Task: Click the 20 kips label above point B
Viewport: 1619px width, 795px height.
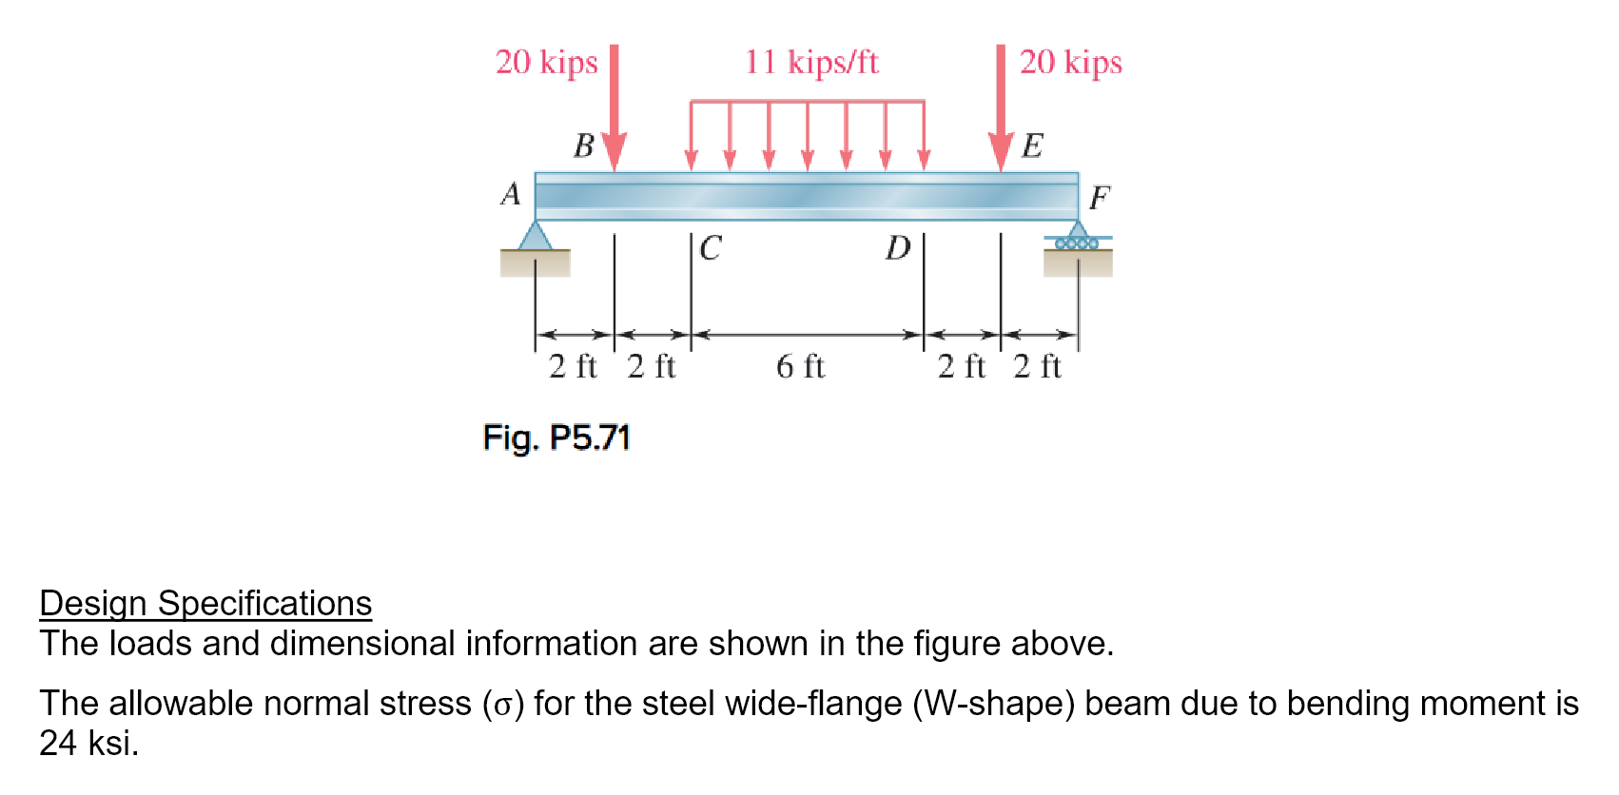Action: (546, 63)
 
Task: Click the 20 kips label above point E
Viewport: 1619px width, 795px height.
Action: (1070, 63)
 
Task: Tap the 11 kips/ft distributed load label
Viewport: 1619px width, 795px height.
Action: (810, 63)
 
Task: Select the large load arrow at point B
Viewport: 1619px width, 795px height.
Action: (614, 109)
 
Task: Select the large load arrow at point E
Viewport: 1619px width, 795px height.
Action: (1000, 109)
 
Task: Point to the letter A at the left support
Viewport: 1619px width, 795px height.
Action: (511, 194)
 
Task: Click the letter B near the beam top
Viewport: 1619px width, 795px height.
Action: (583, 146)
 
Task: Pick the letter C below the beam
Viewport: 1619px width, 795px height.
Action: (711, 248)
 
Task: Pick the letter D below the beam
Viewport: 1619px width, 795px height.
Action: (897, 248)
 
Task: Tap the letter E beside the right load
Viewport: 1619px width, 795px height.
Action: (1032, 146)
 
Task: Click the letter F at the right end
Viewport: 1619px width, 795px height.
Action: (1099, 198)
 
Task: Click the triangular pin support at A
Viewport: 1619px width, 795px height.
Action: (536, 236)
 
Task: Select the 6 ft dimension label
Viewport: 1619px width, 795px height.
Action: (800, 366)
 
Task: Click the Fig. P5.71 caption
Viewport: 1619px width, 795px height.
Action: (556, 437)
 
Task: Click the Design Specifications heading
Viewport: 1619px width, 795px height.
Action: (205, 604)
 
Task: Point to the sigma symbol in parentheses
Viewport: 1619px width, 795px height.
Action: (503, 705)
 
